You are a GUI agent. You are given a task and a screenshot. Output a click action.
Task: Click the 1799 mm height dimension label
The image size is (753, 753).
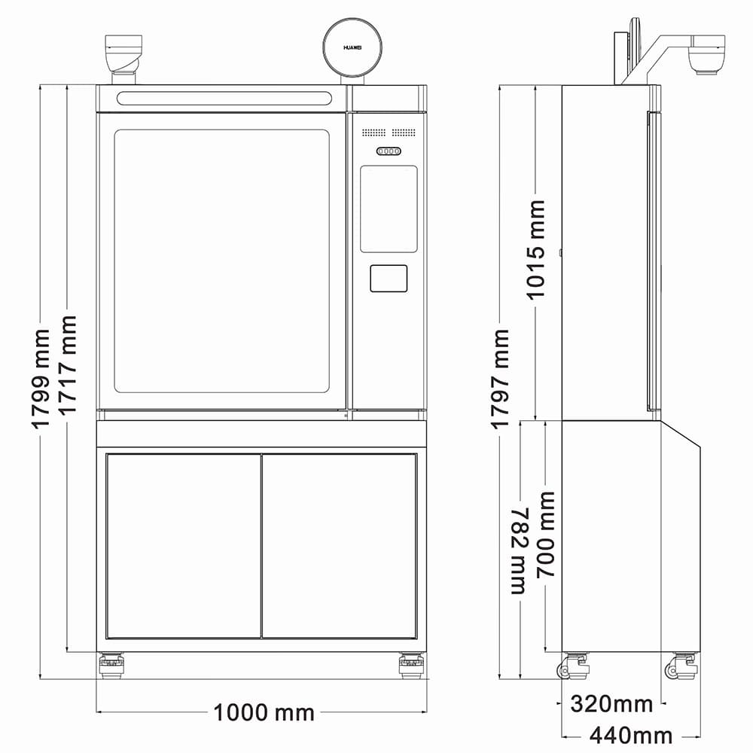pos(41,379)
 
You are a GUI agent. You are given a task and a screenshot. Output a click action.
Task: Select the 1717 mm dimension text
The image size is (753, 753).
pos(67,365)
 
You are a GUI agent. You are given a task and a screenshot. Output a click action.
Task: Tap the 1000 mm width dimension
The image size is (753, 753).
pos(264,712)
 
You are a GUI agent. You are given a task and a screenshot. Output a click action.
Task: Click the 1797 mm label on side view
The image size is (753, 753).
pos(500,379)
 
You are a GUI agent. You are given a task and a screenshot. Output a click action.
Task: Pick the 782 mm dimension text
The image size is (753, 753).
pos(519,550)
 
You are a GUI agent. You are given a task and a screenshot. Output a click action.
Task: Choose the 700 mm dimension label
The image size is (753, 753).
pos(545,534)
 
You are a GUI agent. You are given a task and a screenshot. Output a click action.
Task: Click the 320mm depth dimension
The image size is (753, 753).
pos(611,704)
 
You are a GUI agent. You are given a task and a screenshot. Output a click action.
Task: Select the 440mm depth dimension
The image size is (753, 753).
pos(630,735)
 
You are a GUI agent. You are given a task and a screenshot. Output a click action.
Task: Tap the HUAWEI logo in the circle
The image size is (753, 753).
pos(352,47)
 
